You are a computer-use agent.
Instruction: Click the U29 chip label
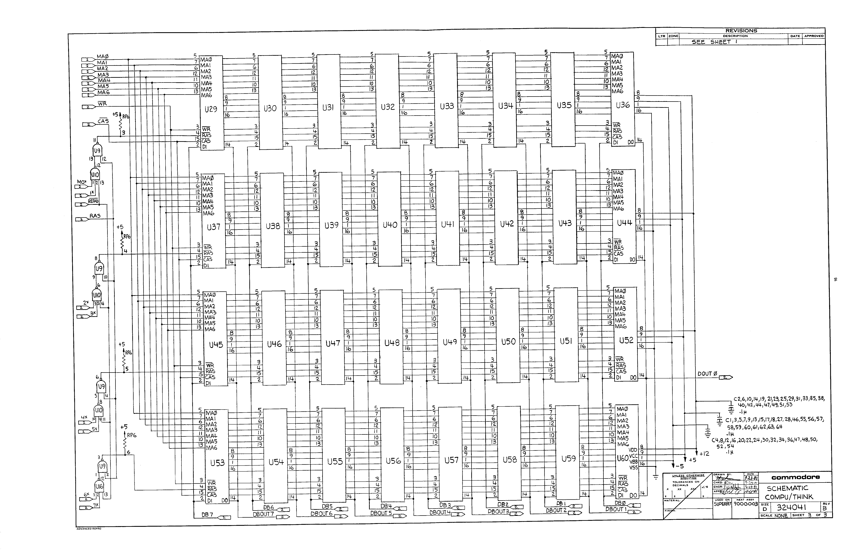(x=211, y=109)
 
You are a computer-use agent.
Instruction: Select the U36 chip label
(x=623, y=105)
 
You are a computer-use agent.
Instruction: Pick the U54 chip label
(x=276, y=462)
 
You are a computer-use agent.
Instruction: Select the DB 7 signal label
(x=207, y=515)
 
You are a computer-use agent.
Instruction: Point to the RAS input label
(x=95, y=216)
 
